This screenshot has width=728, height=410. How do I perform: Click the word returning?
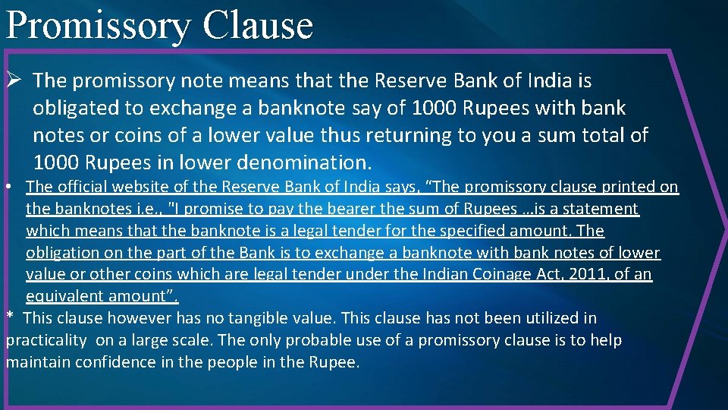[x=407, y=135]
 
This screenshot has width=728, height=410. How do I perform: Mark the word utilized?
[x=541, y=318]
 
